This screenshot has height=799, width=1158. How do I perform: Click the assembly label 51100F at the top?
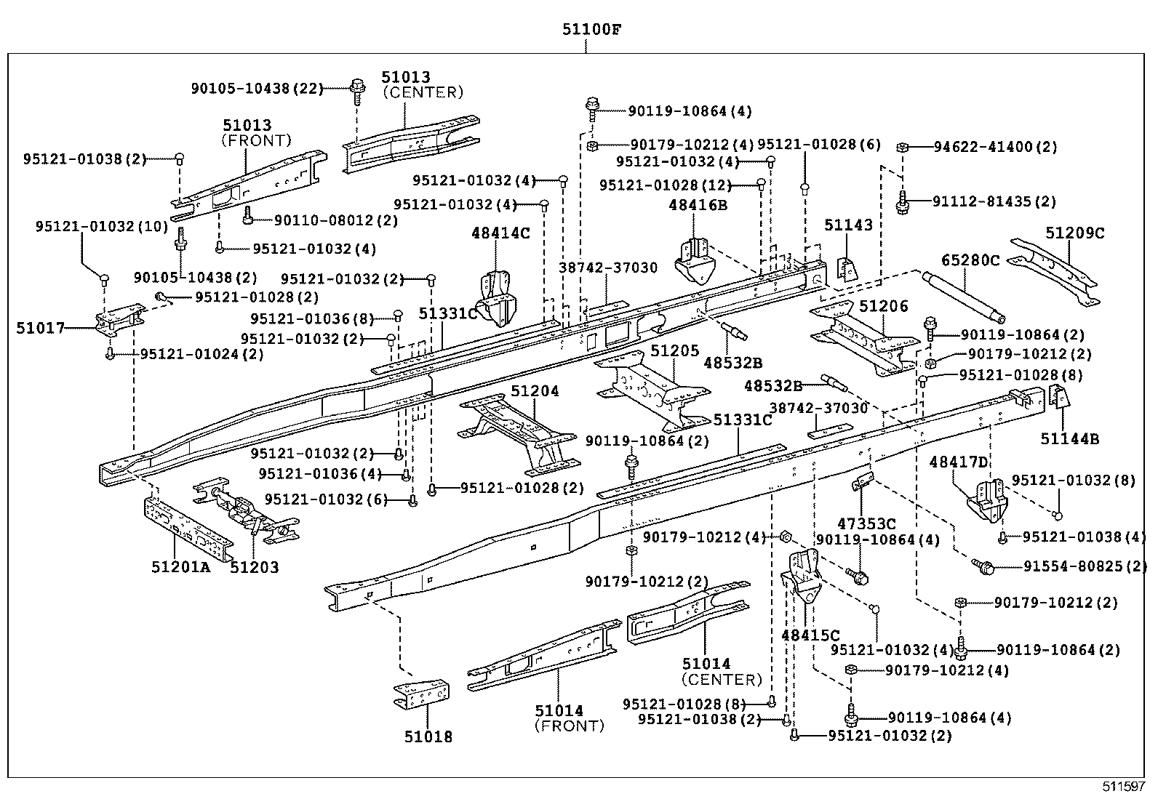(591, 30)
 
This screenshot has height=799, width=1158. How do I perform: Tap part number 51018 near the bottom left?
(428, 737)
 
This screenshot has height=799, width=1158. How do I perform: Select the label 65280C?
(971, 260)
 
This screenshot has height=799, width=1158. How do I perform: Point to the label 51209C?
(1075, 233)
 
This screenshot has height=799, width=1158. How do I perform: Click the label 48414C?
(500, 233)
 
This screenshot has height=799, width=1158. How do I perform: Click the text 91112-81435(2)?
(994, 201)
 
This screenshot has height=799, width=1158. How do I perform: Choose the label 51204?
(535, 391)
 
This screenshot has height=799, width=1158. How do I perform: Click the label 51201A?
(180, 567)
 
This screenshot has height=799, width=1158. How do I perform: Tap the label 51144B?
(1069, 438)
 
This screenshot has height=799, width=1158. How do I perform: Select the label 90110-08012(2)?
(336, 220)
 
